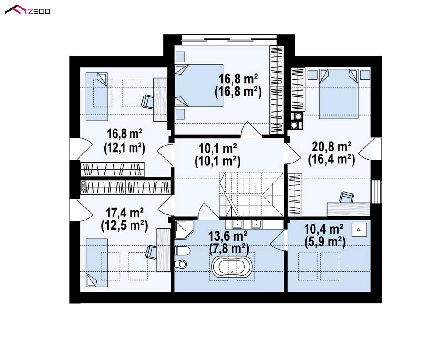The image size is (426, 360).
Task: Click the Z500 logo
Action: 27,10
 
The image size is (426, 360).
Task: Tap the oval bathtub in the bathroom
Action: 232,267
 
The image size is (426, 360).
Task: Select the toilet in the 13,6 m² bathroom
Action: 182,251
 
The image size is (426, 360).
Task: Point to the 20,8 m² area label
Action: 332,147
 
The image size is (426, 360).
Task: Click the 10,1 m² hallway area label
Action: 218,148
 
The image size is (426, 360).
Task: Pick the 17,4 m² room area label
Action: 125,213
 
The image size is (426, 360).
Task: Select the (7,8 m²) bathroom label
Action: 229,249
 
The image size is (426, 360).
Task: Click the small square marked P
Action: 359,230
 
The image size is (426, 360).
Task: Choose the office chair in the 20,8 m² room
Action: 347,197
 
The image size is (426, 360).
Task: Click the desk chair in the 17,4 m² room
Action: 151,252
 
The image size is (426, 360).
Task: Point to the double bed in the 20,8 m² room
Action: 339,94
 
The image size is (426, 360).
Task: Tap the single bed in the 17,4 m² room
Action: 97,263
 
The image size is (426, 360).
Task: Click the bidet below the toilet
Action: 181,264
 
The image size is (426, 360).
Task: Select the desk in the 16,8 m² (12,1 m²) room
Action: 160,99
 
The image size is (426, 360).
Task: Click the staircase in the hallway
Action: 251,194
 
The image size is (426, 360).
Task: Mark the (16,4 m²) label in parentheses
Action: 332,160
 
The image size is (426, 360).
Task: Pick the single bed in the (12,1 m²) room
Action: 97,96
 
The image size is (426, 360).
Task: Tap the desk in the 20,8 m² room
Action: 349,209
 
